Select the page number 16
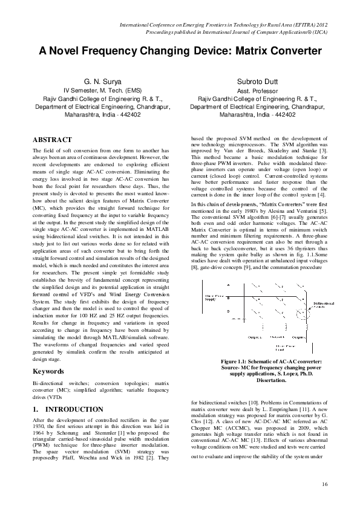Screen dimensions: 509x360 coord(324,484)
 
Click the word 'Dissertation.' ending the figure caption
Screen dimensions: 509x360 coord(258,381)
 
